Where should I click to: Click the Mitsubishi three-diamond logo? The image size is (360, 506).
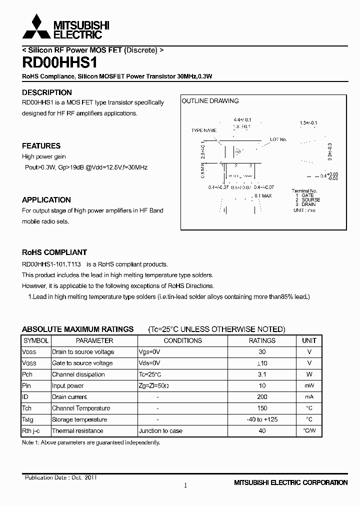[x=33, y=27]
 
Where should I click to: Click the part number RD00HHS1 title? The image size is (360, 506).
[x=60, y=63]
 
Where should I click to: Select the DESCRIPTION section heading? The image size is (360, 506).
[x=47, y=92]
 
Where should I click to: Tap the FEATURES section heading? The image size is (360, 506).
[x=41, y=146]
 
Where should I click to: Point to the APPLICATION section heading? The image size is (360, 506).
[x=46, y=199]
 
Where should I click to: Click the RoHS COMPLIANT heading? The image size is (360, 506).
[x=54, y=252]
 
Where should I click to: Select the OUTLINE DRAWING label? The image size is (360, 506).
[x=210, y=101]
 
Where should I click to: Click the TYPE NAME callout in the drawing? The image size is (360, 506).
[x=204, y=130]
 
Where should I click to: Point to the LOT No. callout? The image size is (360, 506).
[x=278, y=139]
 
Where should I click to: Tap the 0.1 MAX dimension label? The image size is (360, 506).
[x=263, y=195]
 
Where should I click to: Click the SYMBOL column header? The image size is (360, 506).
[x=36, y=340]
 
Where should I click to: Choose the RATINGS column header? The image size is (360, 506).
[x=262, y=340]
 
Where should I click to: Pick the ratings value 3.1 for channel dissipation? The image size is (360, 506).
[x=262, y=374]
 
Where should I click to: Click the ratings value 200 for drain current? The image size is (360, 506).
[x=262, y=397]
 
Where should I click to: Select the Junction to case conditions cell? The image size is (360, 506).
[x=160, y=431]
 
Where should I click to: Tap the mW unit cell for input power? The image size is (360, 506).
[x=309, y=386]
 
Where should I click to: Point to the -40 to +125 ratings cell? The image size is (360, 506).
[x=262, y=419]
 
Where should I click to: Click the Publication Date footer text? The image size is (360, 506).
[x=60, y=477]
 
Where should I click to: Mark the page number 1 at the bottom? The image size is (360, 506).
[x=185, y=485]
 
